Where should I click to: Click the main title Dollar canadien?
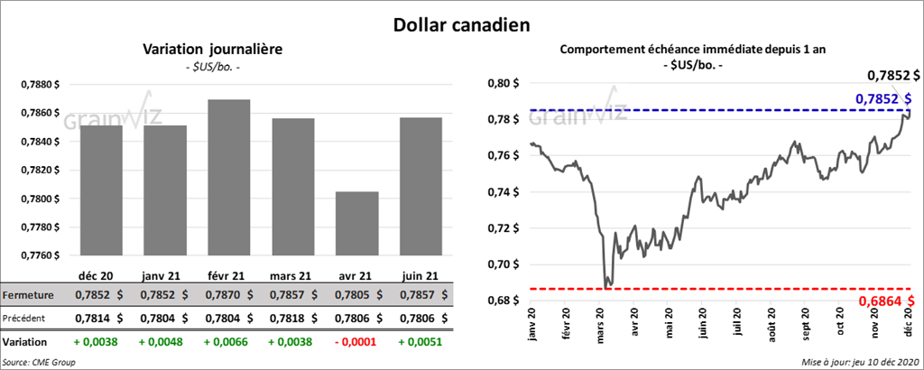(461, 24)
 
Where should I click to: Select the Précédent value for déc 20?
(95, 318)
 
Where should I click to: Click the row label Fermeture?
(27, 295)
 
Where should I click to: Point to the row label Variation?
(25, 343)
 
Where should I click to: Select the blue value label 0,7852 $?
(882, 97)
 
